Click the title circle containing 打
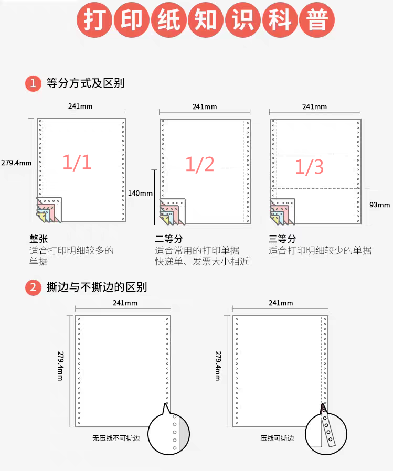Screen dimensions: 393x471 [94, 20]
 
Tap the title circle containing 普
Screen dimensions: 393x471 [317, 20]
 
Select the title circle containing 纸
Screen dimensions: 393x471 [168, 20]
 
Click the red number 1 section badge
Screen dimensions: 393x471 [33, 83]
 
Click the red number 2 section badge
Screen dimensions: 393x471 [33, 287]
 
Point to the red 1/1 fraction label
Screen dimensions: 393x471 [77, 162]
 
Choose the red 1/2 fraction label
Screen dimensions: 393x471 [200, 164]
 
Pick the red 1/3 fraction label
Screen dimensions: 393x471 [310, 167]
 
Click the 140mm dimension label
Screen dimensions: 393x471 [140, 193]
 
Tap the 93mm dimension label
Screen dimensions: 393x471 [379, 205]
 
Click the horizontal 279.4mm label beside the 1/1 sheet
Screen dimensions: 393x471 [16, 163]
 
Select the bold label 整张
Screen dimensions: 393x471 [38, 239]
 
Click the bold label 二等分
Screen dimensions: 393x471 [169, 239]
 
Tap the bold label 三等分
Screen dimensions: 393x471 [282, 239]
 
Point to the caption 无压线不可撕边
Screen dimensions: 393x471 [116, 438]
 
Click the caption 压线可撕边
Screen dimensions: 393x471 [277, 438]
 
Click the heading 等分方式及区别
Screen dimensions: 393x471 [86, 83]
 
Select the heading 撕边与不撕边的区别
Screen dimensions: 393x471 [97, 287]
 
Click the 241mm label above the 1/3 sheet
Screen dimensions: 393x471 [315, 106]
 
